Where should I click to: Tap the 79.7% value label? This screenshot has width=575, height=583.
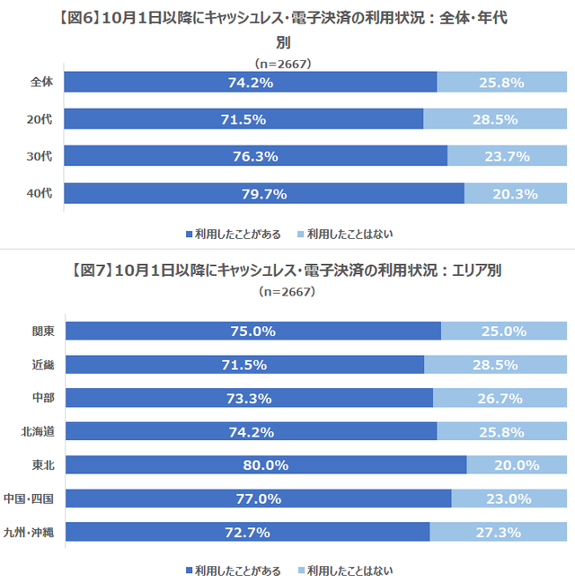[x=264, y=194]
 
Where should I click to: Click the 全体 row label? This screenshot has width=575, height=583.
[x=41, y=82]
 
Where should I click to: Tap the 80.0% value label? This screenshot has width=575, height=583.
[x=265, y=464]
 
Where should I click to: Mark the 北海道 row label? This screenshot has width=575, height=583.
[x=37, y=431]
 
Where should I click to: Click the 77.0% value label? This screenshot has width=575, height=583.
[x=259, y=499]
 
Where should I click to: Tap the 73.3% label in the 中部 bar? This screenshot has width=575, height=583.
[x=250, y=398]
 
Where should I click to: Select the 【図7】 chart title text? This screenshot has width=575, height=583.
[x=287, y=270]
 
